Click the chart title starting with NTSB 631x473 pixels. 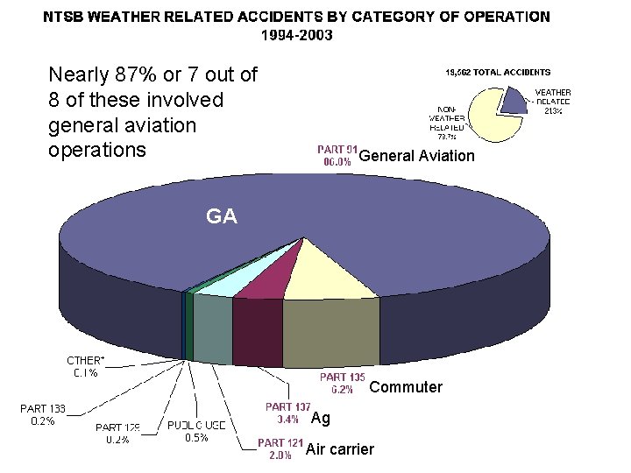pos(297,16)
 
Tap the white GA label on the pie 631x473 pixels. pos(221,215)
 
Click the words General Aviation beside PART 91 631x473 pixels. pos(416,156)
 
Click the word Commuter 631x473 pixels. pos(406,387)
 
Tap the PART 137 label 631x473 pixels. pos(287,413)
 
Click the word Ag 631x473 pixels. pos(321,419)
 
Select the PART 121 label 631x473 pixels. pos(280,449)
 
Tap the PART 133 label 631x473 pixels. pos(43,414)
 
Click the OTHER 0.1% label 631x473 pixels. pos(85,366)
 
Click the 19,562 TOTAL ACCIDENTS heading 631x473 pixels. pos(499,71)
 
